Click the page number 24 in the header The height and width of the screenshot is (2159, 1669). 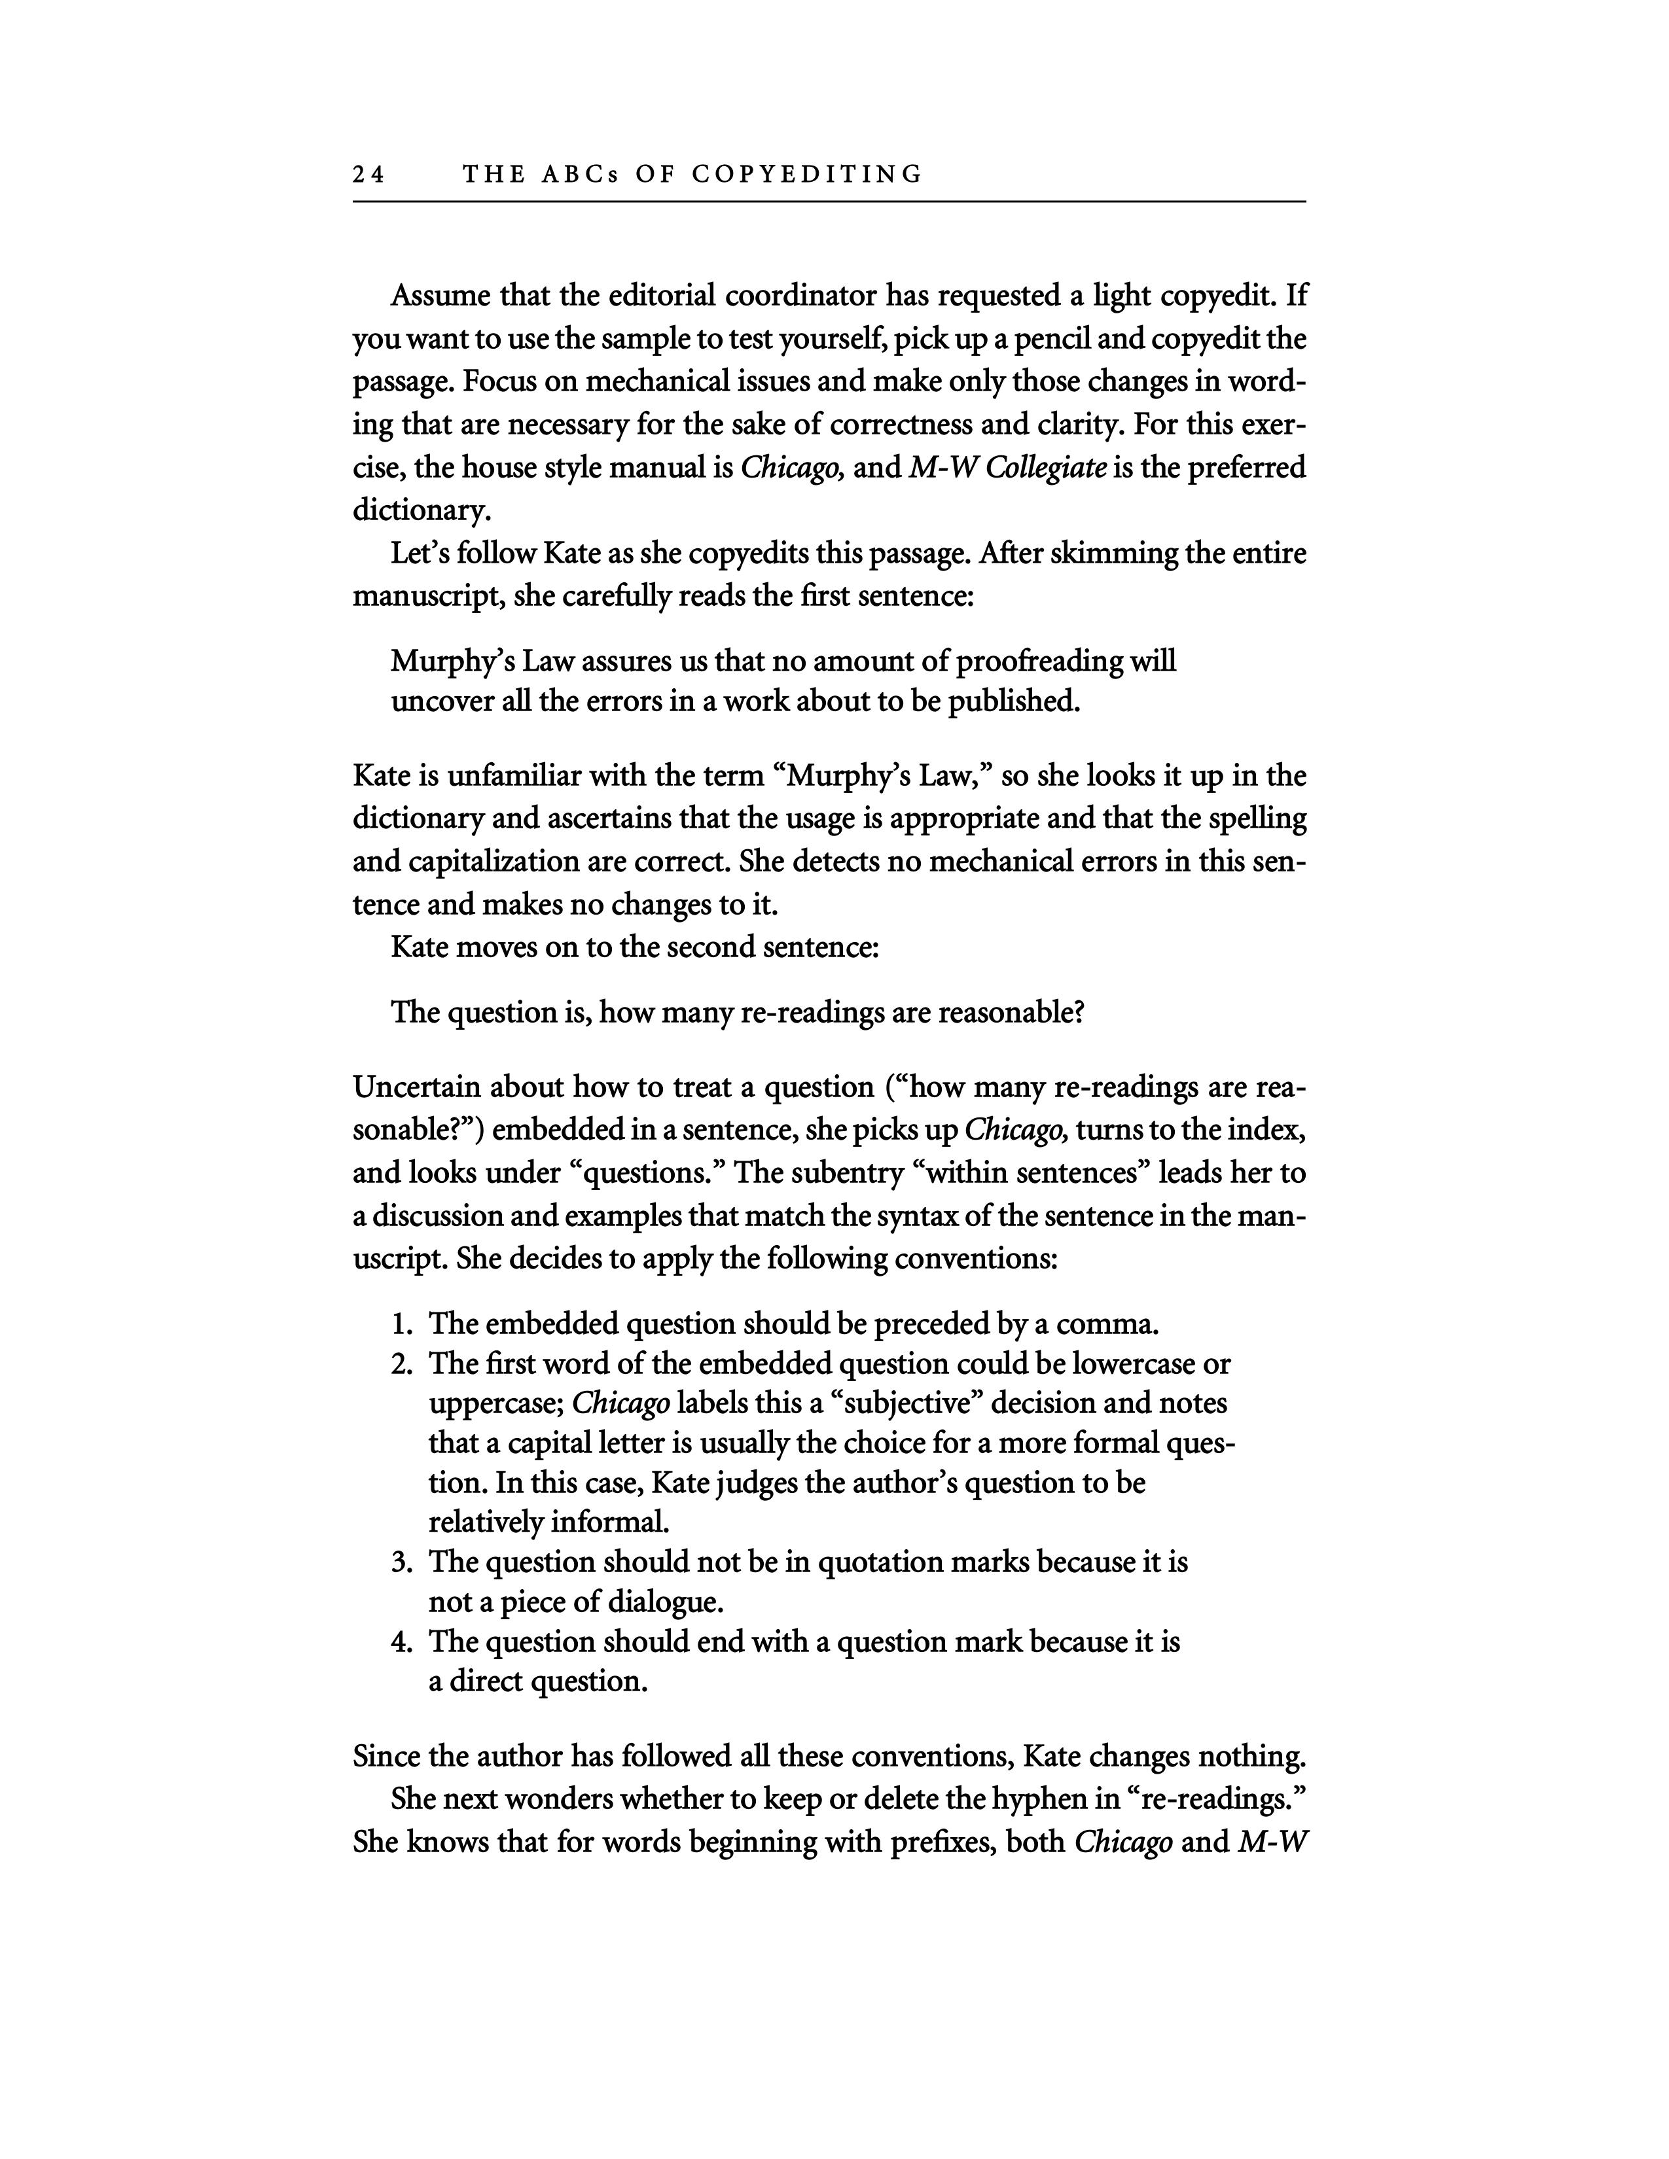click(368, 175)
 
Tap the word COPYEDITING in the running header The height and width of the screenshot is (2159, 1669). click(807, 175)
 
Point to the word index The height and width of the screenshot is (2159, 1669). click(1272, 1130)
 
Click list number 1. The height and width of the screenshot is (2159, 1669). click(399, 1324)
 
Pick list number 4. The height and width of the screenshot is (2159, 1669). click(399, 1643)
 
